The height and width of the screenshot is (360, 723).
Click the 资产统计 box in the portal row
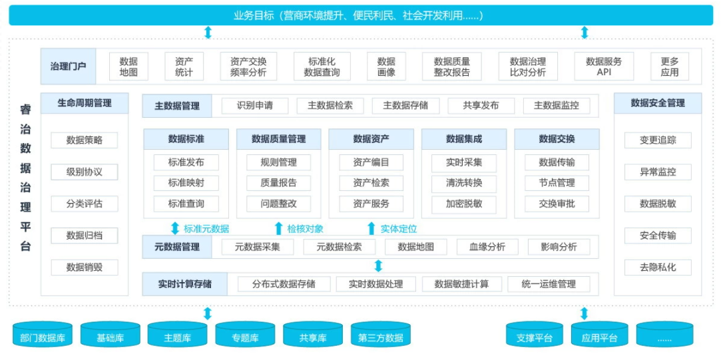(x=184, y=67)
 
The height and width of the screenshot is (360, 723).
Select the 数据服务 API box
(x=604, y=67)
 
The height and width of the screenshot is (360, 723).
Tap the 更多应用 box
(x=669, y=67)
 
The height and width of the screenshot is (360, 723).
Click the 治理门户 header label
(x=69, y=67)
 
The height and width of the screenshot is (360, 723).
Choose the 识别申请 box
(x=255, y=106)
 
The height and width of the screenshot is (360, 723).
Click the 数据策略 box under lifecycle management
(x=85, y=140)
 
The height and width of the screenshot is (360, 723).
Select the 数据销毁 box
(x=85, y=268)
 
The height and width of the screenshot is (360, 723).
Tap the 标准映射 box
(x=186, y=183)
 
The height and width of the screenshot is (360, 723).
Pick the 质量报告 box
(x=278, y=183)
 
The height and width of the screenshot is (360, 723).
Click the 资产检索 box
(x=371, y=183)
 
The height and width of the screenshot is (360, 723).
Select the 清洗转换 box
(x=464, y=183)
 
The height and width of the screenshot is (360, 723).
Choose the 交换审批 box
(x=557, y=203)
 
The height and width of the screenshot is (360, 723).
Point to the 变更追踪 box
(x=658, y=140)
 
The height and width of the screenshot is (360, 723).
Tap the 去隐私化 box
(x=658, y=268)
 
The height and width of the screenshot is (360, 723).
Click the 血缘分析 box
(x=487, y=247)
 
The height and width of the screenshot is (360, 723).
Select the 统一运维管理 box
(x=549, y=284)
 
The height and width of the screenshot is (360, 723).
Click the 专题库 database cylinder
(x=245, y=335)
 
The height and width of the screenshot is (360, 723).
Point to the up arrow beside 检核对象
(x=278, y=228)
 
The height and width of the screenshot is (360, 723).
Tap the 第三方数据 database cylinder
(x=380, y=335)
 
